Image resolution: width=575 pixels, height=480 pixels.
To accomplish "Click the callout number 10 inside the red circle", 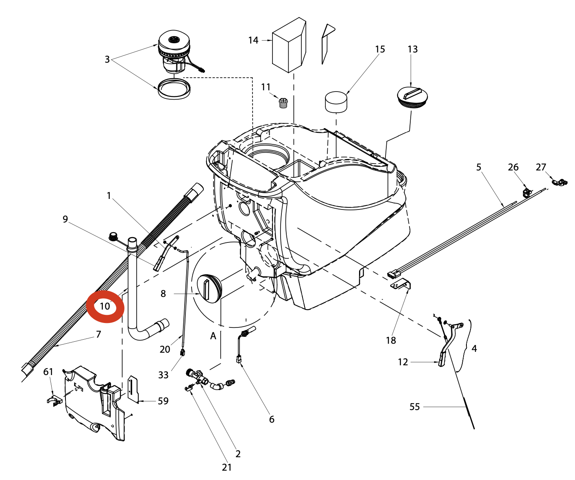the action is (x=105, y=306).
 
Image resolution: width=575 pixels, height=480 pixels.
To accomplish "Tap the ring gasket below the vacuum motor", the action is (x=174, y=89).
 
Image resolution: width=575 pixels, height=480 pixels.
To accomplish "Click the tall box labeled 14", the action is (x=289, y=45).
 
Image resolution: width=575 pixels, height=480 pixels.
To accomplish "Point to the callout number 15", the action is (x=380, y=49).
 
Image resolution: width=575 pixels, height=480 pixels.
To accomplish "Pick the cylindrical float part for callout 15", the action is (x=336, y=102).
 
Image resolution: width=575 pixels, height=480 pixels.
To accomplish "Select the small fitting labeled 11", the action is (x=282, y=103).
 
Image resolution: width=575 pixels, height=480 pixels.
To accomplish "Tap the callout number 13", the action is (x=412, y=49).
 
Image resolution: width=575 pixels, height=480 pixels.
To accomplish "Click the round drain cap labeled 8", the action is (x=210, y=288).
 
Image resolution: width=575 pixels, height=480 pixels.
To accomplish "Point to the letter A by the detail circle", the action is (x=213, y=336).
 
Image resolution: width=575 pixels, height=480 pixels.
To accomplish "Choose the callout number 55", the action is (x=414, y=407).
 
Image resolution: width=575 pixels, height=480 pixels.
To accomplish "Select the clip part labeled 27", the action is (x=560, y=182).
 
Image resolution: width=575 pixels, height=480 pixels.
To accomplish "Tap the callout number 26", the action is (x=513, y=167).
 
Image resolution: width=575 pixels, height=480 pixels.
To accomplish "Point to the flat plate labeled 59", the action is (x=133, y=389).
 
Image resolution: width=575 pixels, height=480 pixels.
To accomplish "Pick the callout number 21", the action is (x=227, y=467).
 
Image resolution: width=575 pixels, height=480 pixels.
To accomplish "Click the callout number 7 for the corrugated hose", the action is (x=98, y=334).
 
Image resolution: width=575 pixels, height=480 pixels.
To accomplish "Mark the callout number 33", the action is (x=163, y=375).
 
